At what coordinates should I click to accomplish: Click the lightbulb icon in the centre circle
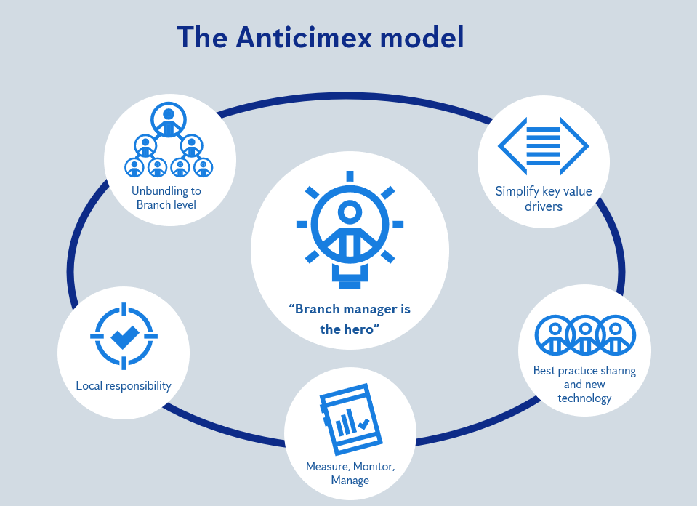[350, 229]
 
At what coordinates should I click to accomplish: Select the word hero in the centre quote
[364, 329]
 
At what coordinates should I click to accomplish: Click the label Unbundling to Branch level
[166, 198]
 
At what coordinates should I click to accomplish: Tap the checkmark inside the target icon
[124, 336]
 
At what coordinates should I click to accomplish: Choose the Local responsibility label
[124, 385]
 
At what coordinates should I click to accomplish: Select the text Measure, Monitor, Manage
[350, 473]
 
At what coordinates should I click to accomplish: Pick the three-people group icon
[584, 334]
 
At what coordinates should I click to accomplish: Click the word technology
[584, 398]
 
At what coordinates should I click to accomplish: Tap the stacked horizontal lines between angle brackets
[543, 146]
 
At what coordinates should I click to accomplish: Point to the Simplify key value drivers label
[544, 198]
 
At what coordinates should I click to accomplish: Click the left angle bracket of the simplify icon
[509, 146]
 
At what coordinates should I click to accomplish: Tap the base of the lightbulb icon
[350, 277]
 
